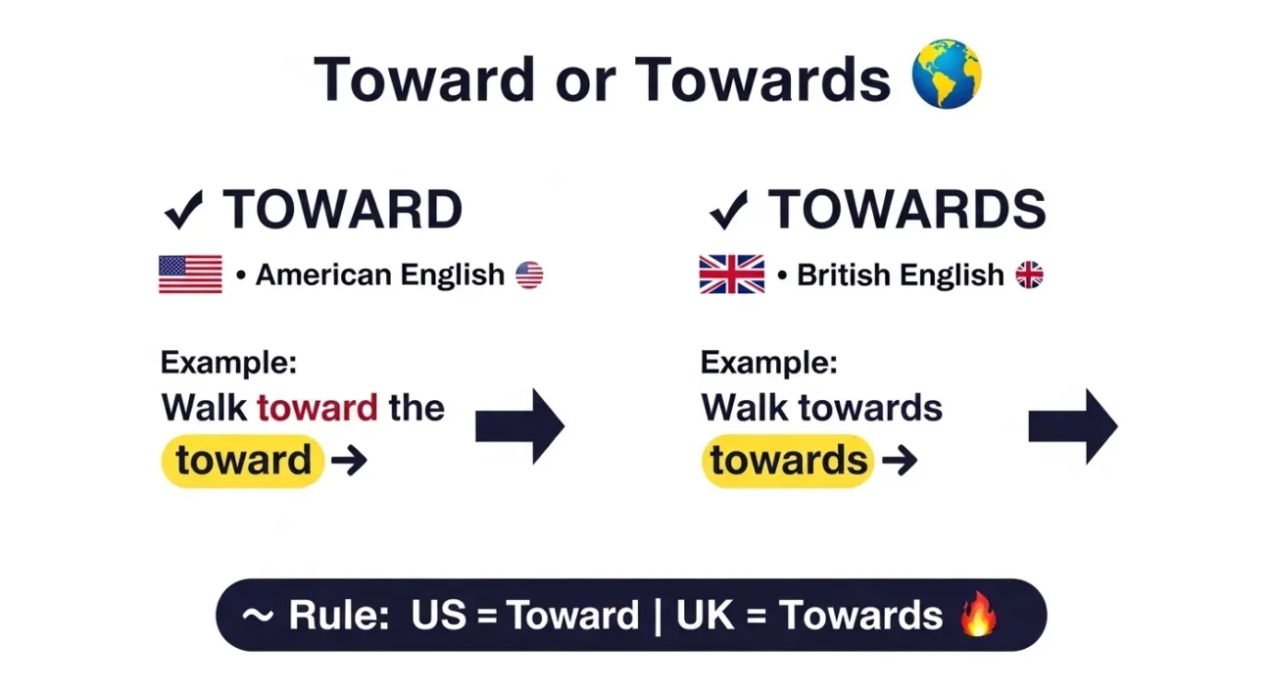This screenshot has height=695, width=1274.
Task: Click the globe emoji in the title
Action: [x=946, y=74]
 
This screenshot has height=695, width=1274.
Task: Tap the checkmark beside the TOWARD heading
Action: [x=183, y=209]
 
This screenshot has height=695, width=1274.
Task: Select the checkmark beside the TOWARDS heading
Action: [x=728, y=209]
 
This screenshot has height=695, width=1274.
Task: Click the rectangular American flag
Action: [x=190, y=274]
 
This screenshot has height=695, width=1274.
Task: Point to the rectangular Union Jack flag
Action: [x=731, y=274]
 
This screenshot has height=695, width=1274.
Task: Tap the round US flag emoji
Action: [x=529, y=274]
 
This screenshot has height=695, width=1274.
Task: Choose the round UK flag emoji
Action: [x=1029, y=274]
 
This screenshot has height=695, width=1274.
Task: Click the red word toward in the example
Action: [x=317, y=407]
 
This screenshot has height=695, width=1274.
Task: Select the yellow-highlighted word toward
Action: [x=243, y=460]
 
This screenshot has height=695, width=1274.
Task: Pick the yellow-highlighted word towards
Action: [x=788, y=460]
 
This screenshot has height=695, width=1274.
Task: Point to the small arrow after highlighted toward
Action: [x=349, y=460]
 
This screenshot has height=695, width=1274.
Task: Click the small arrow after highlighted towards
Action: [x=899, y=460]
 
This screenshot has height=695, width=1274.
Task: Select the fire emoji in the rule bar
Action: [x=978, y=616]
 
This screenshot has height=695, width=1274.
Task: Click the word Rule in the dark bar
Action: [x=339, y=616]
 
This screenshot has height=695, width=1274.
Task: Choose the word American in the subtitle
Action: [x=322, y=275]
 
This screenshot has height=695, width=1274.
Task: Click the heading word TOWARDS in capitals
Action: [x=907, y=209]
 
